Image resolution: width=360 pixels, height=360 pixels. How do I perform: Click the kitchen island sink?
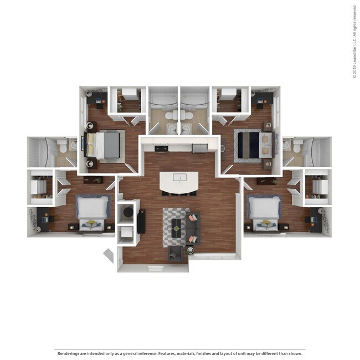[x=178, y=178]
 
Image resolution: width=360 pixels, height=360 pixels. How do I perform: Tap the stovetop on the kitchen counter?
[x=162, y=148]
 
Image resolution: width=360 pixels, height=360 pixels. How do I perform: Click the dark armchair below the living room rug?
[x=176, y=253]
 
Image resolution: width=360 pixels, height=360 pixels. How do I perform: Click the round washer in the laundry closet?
[x=128, y=211]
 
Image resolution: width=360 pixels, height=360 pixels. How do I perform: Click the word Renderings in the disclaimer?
[x=68, y=353]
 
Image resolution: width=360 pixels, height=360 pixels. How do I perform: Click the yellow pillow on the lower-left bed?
[x=91, y=224]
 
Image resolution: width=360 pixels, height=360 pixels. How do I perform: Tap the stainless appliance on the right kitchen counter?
[x=199, y=148]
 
